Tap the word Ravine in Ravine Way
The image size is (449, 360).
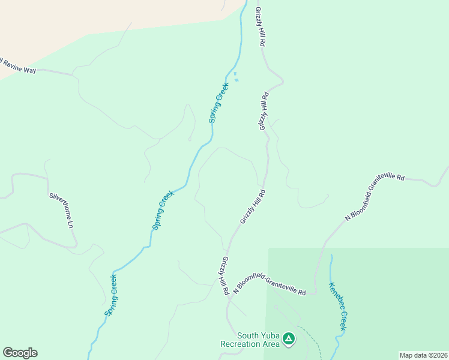pyautogui.click(x=13, y=67)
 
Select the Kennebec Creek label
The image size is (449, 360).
pyautogui.click(x=337, y=306)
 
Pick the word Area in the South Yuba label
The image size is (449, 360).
pyautogui.click(x=271, y=344)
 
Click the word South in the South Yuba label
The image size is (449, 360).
pyautogui.click(x=248, y=335)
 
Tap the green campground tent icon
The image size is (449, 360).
pyautogui.click(x=289, y=340)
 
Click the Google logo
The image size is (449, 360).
pyautogui.click(x=20, y=353)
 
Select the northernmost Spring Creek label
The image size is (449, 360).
pyautogui.click(x=218, y=103)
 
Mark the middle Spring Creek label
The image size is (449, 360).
pyautogui.click(x=163, y=210)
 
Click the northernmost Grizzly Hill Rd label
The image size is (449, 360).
pyautogui.click(x=260, y=28)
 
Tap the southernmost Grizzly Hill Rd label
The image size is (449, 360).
pyautogui.click(x=224, y=275)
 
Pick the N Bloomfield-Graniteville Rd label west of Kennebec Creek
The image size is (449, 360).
pyautogui.click(x=270, y=284)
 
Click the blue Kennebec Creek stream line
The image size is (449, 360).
pyautogui.click(x=332, y=267)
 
